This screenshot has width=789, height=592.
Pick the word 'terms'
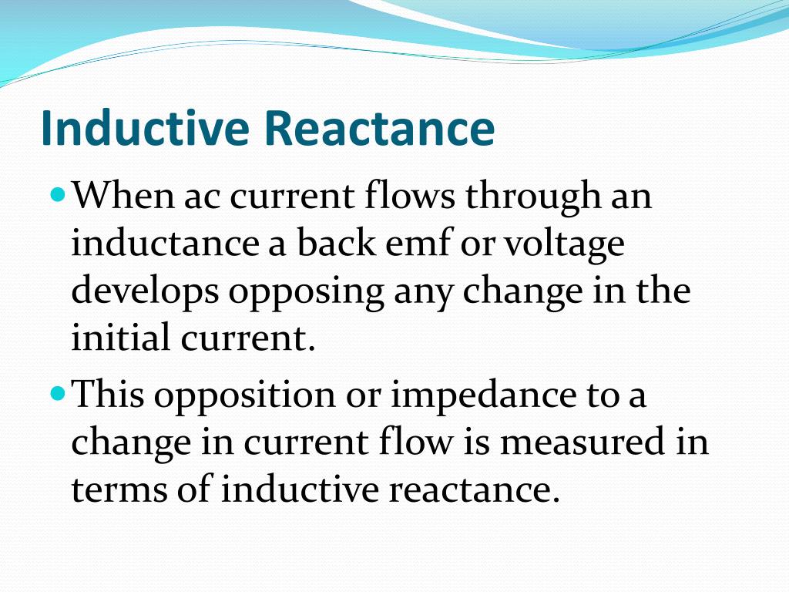coord(115,491)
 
